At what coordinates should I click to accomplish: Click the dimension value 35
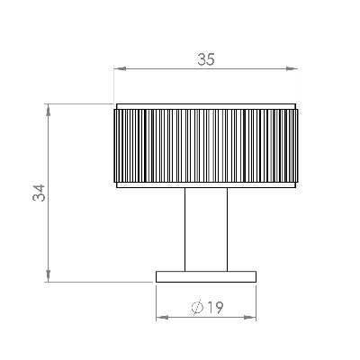click(x=206, y=60)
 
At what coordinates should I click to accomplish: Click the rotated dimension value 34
click(x=38, y=193)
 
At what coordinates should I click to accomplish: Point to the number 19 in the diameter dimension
click(x=214, y=307)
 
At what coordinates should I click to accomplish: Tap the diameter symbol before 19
click(x=197, y=308)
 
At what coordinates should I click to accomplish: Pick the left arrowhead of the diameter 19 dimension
click(x=160, y=317)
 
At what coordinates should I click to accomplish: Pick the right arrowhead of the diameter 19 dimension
click(x=253, y=317)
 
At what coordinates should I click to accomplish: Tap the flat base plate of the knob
click(x=207, y=275)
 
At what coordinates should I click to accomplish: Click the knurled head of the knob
click(x=207, y=144)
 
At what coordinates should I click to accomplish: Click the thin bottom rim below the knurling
click(x=207, y=184)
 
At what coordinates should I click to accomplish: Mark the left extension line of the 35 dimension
click(x=113, y=85)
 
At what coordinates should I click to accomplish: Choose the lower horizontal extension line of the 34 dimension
click(x=99, y=281)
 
